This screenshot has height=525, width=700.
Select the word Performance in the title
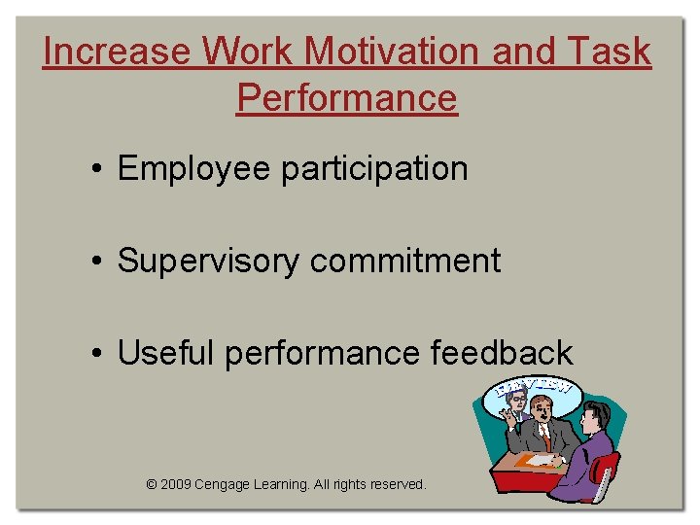click(346, 98)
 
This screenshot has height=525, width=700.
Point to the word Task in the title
click(612, 52)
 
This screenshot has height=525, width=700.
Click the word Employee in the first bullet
click(193, 169)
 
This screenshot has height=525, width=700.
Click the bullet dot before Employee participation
click(99, 170)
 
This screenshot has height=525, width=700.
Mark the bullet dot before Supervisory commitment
click(99, 262)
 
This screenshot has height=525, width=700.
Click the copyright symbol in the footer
click(151, 484)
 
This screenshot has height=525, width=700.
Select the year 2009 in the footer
click(175, 484)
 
